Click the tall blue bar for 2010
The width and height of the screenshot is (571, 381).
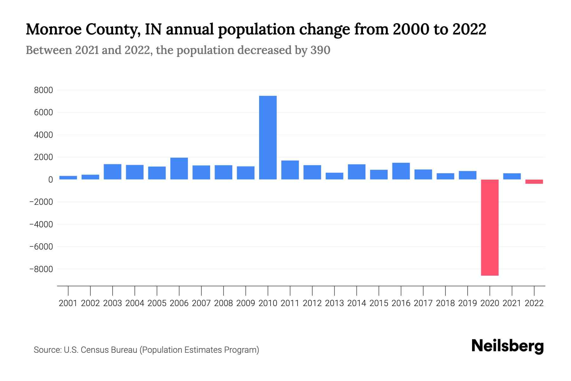coord(268,137)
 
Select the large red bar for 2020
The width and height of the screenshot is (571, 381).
coord(489,227)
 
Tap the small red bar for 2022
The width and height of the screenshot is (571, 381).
coord(534,182)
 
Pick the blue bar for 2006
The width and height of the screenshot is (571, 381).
coord(179,169)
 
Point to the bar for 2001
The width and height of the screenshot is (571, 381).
coord(68,177)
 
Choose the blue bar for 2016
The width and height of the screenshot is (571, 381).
coord(401,171)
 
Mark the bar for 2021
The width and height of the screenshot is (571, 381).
coord(512,176)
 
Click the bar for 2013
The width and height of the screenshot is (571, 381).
coord(334,176)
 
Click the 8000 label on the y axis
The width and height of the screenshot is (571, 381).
coord(43,90)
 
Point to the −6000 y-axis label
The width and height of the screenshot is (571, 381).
coord(41,247)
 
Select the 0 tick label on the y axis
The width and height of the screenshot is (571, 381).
coord(50,180)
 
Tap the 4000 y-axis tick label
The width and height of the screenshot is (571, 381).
coord(43,135)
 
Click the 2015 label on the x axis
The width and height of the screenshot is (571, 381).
coord(379,303)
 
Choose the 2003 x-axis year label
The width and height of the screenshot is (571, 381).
coord(113,303)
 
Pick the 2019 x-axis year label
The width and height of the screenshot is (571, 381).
coord(468,303)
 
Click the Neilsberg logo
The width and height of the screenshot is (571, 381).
coord(507,346)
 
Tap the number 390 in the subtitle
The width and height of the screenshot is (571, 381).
coord(320,50)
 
